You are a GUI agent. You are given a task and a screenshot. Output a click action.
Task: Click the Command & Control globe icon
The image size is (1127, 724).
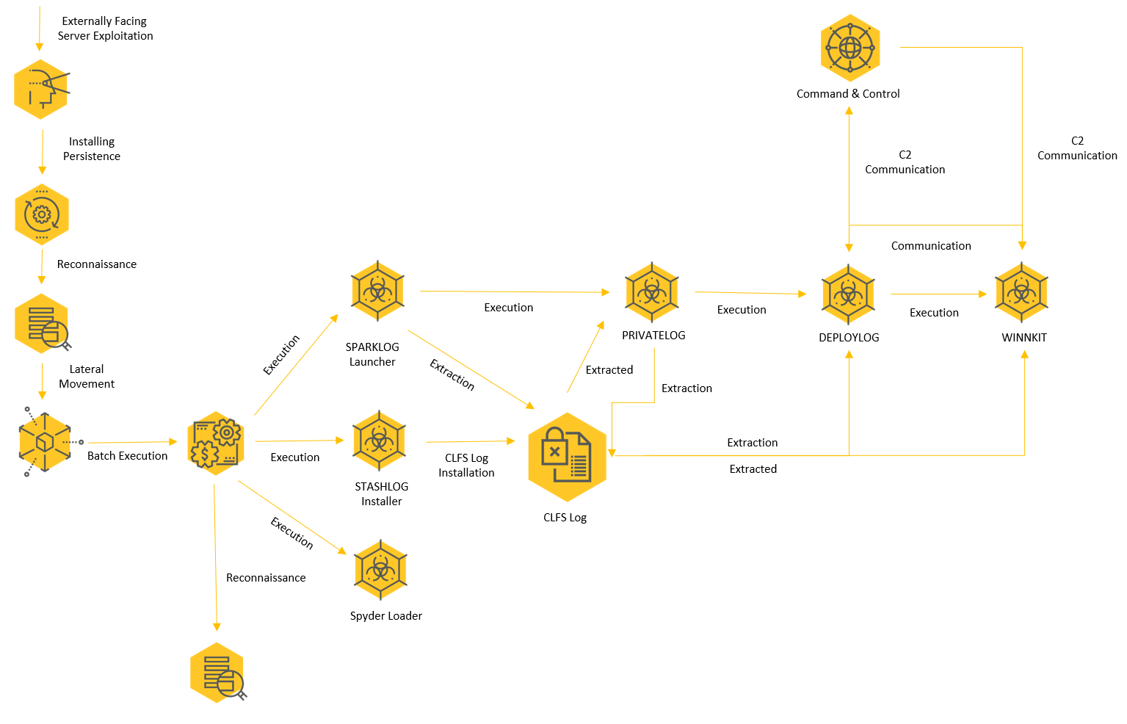coord(849,48)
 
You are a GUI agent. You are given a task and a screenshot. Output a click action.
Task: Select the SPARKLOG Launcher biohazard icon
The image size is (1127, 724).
coord(377,291)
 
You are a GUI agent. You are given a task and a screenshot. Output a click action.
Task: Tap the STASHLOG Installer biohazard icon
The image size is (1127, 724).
coord(379,441)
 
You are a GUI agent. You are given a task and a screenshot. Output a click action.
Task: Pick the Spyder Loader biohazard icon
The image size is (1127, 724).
coord(380,570)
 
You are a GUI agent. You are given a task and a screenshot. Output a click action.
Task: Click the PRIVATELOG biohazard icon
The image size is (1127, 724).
coord(651,292)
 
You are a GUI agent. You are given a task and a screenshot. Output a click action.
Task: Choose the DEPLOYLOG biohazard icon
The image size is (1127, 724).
coord(848,294)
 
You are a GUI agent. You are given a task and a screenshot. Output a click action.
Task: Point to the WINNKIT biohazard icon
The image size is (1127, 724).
coord(1021,292)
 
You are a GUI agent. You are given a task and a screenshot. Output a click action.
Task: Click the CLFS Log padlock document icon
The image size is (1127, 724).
coord(567,457)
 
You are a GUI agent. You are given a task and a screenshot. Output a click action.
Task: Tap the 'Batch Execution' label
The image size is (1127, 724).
coord(127,456)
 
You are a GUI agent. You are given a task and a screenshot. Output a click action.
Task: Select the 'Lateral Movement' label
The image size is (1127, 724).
coord(87,377)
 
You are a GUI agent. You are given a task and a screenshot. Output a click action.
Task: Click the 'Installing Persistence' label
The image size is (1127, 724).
coord(92,149)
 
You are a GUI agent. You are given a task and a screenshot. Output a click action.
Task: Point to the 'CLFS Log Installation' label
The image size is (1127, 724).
coord(466,466)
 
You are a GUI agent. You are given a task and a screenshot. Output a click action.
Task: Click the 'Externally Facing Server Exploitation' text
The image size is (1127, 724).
coord(105,28)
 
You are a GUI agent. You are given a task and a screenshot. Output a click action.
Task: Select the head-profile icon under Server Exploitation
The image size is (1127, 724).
coord(42,90)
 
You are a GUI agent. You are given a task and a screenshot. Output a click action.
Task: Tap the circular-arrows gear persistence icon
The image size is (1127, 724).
coord(42,215)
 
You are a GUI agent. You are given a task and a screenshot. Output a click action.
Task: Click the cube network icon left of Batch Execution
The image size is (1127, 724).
coord(46,442)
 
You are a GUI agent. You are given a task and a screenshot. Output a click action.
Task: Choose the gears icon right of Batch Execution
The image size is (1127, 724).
coord(216,444)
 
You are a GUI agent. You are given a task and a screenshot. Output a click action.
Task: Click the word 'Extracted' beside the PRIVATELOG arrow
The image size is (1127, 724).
coord(609,370)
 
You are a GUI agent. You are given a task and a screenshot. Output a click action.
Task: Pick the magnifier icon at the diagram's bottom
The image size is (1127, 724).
coord(218,673)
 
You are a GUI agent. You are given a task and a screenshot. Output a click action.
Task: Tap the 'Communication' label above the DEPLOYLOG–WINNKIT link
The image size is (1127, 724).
coord(931,246)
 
